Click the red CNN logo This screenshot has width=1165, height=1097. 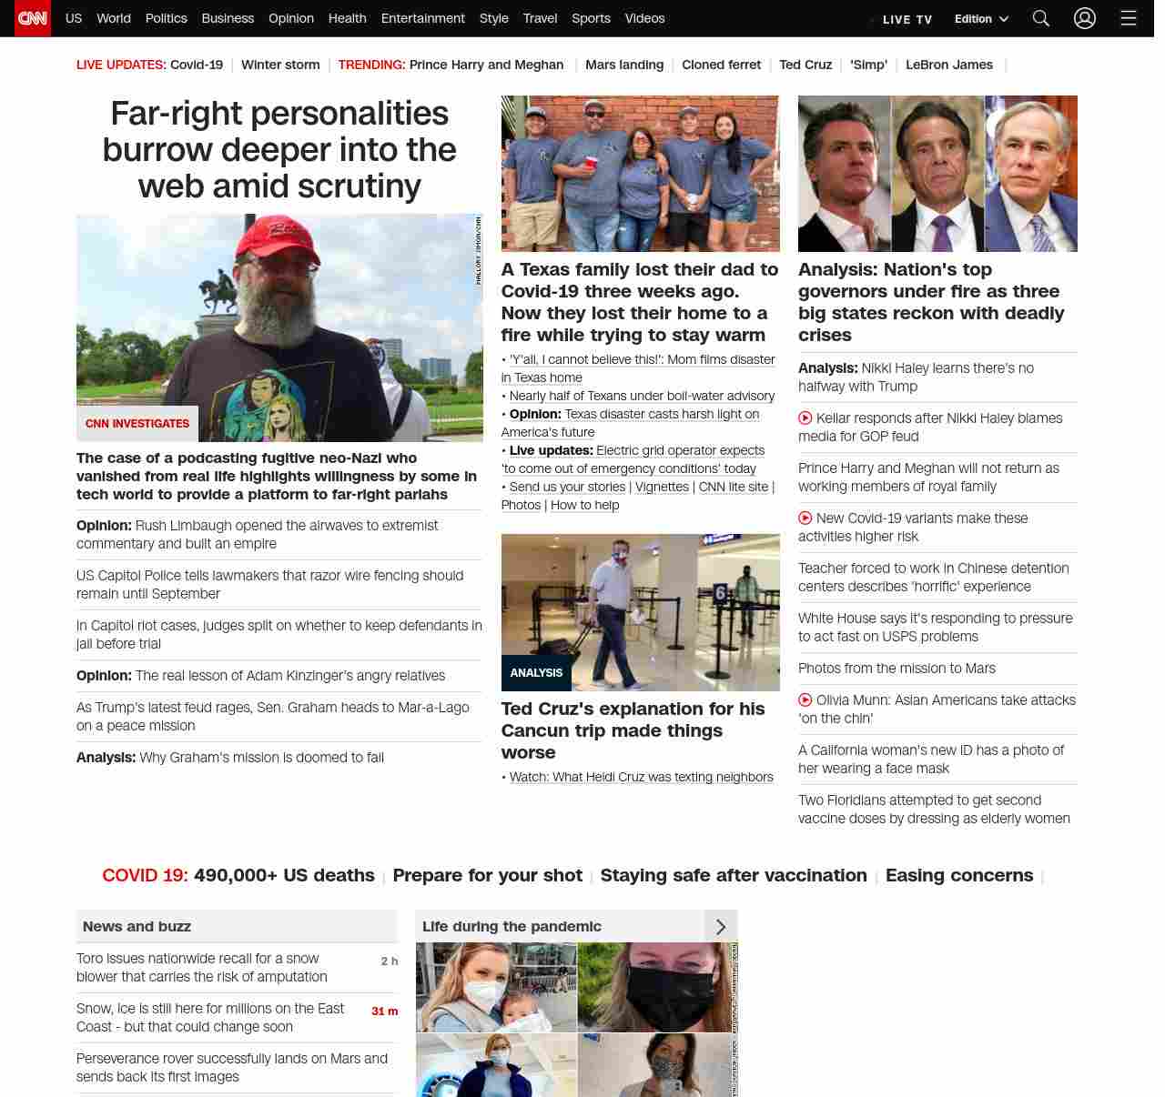33,18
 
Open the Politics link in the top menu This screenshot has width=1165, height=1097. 166,18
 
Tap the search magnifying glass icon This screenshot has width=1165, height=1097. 1041,18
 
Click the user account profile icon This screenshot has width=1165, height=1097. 1085,18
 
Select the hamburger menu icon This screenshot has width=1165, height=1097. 1129,18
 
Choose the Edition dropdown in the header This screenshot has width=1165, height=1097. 981,19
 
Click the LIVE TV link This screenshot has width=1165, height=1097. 907,19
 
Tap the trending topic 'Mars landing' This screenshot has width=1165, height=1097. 624,65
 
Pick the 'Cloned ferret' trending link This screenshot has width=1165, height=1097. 721,65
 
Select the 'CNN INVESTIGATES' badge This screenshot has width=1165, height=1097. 137,424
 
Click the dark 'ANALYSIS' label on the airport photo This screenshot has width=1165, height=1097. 536,673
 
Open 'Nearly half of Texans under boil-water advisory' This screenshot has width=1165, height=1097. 642,396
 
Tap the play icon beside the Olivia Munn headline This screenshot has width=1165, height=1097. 805,700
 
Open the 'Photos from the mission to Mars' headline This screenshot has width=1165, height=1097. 897,669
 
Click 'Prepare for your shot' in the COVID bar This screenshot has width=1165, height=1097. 487,875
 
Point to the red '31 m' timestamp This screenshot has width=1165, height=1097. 384,1011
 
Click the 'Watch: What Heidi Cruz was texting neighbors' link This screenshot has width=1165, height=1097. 641,777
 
